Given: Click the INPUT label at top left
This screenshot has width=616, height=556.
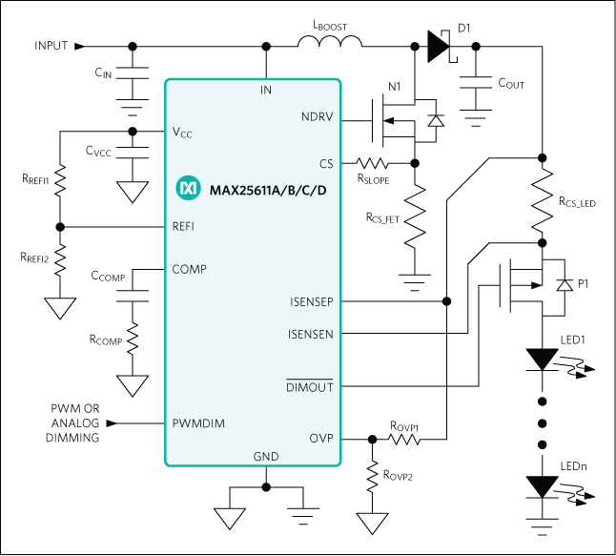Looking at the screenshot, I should point(51,46).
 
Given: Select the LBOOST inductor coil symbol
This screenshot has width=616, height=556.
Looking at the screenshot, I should point(328,43).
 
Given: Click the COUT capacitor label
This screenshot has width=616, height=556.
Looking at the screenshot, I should point(511,84).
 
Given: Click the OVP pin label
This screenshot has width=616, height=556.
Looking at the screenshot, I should point(320,440).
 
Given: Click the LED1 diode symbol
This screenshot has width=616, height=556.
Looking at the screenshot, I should point(542,360).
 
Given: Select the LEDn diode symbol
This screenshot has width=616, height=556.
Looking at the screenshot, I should point(542,486).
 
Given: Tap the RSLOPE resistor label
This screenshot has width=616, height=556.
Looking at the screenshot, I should point(375,177).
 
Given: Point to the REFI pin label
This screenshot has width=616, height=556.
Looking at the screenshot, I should point(185,227).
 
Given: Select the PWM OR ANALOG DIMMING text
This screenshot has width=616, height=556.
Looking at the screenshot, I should point(73,422).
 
